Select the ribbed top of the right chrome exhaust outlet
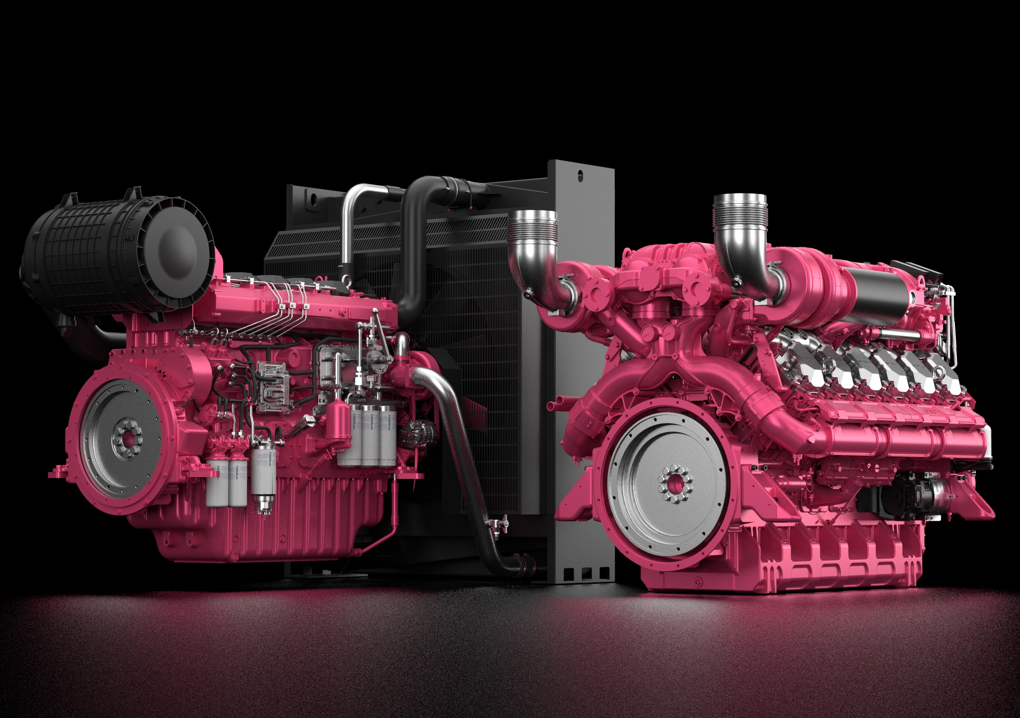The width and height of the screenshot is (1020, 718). [x=739, y=210]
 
